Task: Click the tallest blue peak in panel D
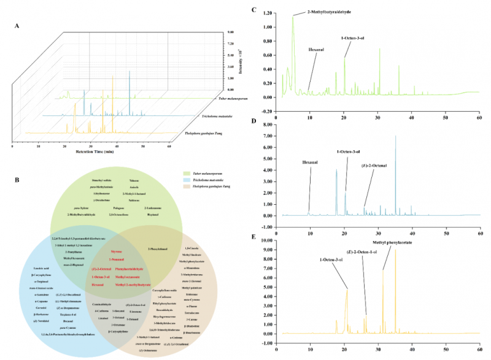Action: tap(395, 137)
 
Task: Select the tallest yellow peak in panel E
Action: tap(395, 250)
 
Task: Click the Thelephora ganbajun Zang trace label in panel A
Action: tap(200, 133)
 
